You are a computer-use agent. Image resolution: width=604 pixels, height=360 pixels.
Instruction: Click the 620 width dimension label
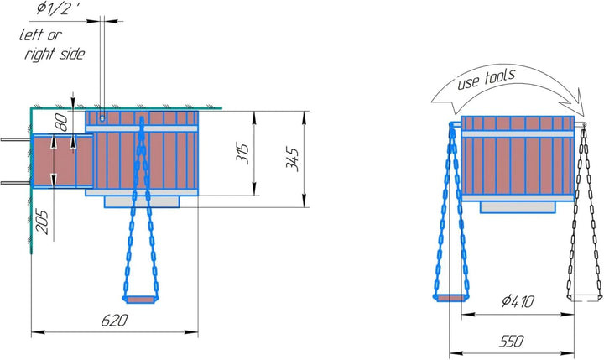[114, 321]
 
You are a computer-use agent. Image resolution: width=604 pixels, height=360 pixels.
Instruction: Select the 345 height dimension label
[292, 159]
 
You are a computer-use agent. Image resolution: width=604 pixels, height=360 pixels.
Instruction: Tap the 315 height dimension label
[242, 153]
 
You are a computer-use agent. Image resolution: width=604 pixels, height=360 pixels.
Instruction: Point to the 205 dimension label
[42, 222]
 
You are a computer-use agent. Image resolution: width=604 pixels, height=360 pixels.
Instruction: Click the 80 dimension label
[61, 123]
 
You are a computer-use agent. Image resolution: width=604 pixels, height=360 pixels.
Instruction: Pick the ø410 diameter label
[518, 301]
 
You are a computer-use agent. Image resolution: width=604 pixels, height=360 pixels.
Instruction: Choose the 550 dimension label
[511, 341]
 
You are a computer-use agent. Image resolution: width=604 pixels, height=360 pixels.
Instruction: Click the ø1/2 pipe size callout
[59, 8]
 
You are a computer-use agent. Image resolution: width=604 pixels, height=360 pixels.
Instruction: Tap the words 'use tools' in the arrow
[486, 79]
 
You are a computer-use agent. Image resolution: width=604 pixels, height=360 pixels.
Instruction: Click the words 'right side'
[55, 54]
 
